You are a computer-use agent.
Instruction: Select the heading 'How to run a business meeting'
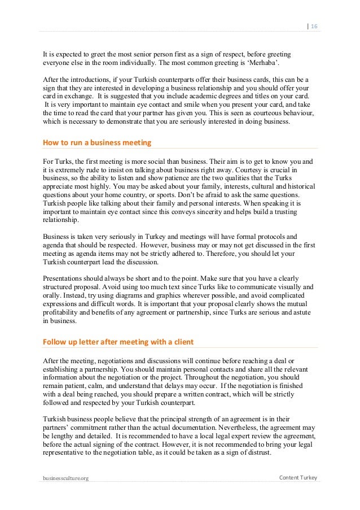point(97,143)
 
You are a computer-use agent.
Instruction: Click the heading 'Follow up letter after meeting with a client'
point(118,342)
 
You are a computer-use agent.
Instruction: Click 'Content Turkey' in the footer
point(298,478)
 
